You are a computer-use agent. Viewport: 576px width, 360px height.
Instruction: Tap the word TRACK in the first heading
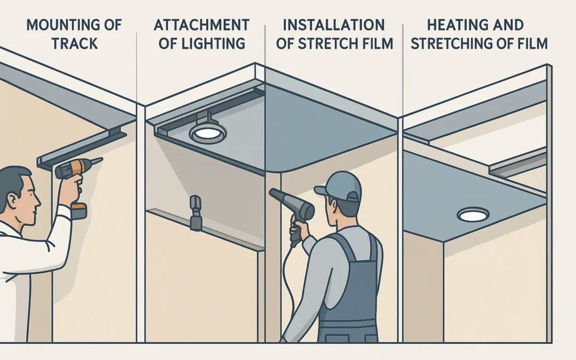(x=75, y=43)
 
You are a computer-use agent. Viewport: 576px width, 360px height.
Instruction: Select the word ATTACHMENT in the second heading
(x=202, y=25)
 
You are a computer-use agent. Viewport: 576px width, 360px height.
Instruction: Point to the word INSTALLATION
(x=334, y=25)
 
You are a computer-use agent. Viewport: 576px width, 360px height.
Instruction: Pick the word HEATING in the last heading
(x=452, y=25)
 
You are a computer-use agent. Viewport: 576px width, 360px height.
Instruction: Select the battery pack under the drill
(x=79, y=211)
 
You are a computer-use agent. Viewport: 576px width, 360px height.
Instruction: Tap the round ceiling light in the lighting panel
(x=207, y=133)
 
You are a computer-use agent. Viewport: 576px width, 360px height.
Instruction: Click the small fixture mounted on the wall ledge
(x=195, y=213)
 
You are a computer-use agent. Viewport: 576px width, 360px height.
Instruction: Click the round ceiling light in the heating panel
(x=473, y=214)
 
